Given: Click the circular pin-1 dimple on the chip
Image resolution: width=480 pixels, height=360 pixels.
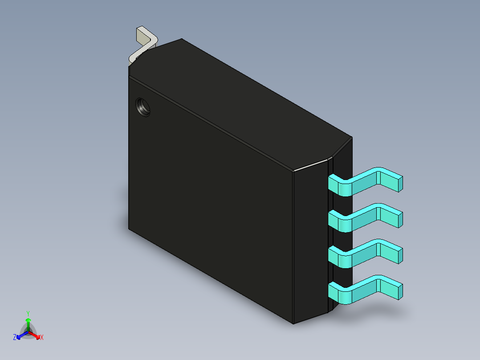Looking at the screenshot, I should click(x=143, y=107).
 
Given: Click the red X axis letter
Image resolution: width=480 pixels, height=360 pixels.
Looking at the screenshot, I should click(x=42, y=337).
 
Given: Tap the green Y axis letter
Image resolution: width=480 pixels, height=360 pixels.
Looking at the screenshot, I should click(x=28, y=313).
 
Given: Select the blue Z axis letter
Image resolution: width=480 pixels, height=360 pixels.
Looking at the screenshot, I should click(x=15, y=337).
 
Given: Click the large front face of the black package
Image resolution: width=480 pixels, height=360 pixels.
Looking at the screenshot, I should click(x=209, y=200).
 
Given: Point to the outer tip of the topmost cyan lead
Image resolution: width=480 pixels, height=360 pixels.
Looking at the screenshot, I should click(x=399, y=183).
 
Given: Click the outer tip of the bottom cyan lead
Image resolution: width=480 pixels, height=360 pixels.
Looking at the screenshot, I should click(x=399, y=291).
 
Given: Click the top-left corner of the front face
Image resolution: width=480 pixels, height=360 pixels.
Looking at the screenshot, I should click(x=129, y=77).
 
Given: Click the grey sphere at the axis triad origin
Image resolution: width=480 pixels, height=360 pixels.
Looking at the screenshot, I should click(x=28, y=331).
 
